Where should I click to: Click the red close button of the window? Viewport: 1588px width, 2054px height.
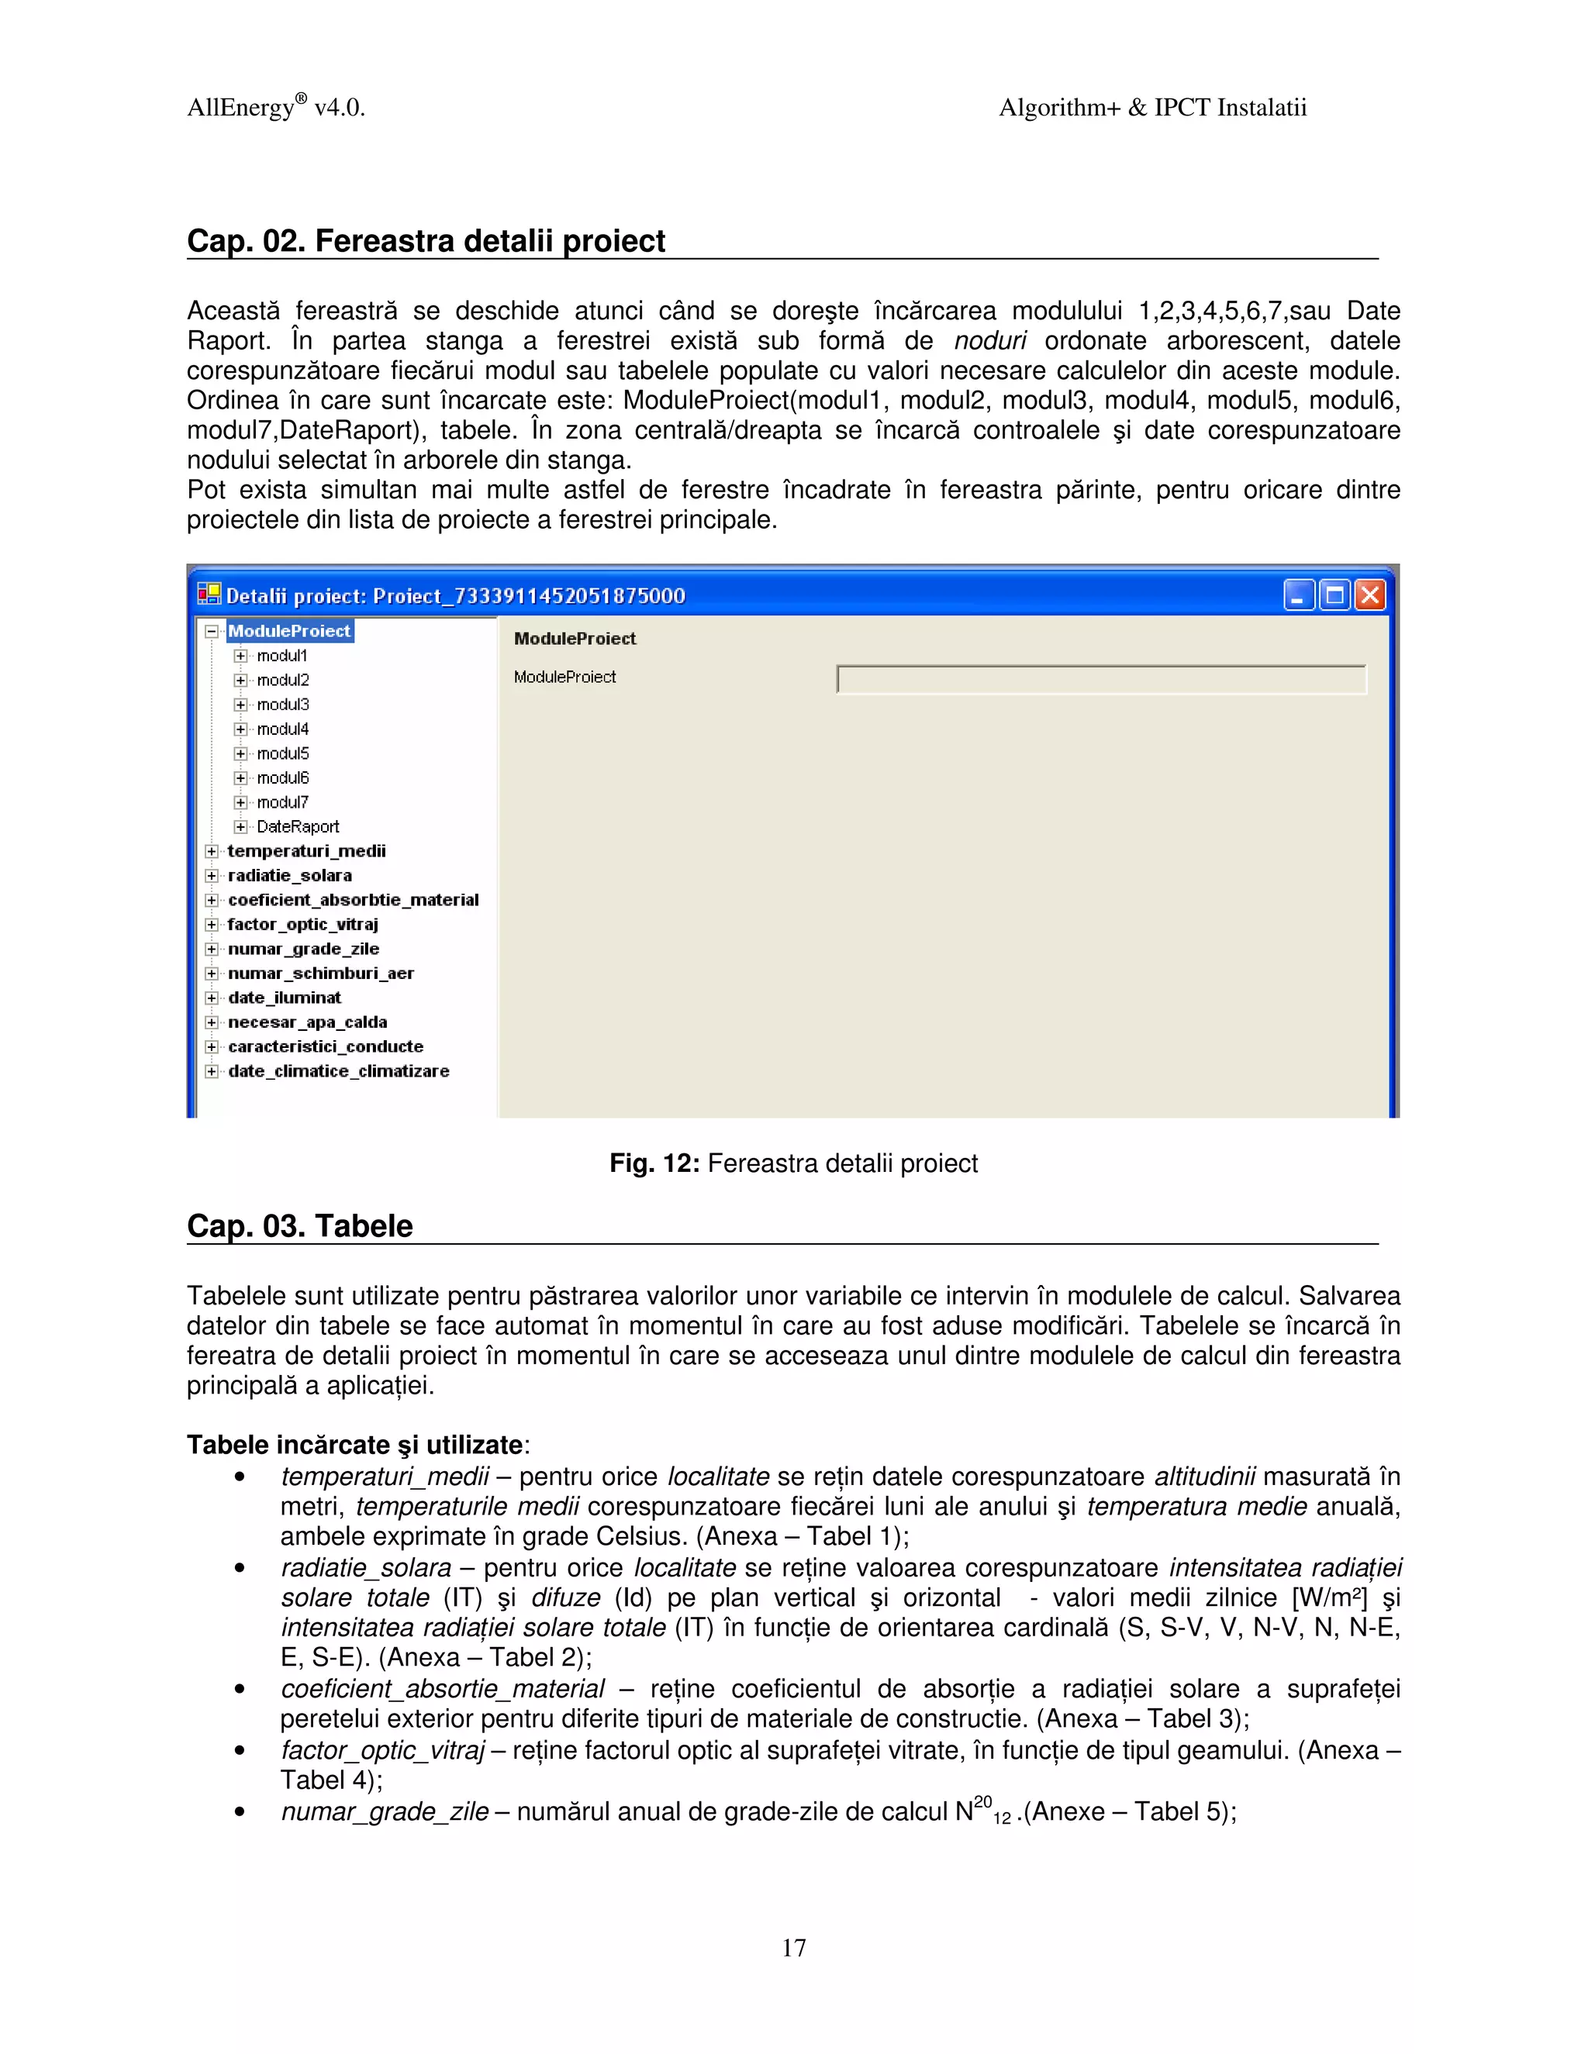pyautogui.click(x=1371, y=595)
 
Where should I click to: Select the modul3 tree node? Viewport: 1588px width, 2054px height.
pyautogui.click(x=282, y=705)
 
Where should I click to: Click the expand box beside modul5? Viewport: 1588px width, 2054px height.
pyautogui.click(x=241, y=753)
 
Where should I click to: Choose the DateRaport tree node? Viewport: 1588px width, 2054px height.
pyautogui.click(x=297, y=827)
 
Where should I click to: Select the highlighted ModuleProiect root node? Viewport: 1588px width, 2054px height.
pyautogui.click(x=288, y=631)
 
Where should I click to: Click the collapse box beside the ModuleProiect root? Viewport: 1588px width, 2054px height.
pyautogui.click(x=212, y=631)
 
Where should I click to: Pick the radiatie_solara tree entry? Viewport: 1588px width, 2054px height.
pyautogui.click(x=290, y=876)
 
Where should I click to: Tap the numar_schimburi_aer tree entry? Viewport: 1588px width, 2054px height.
pyautogui.click(x=320, y=974)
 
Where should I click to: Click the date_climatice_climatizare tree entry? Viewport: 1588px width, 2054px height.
pyautogui.click(x=338, y=1071)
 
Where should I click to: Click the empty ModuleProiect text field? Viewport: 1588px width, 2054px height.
pyautogui.click(x=1101, y=679)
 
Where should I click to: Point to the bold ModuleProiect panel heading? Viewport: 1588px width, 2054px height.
pyautogui.click(x=575, y=639)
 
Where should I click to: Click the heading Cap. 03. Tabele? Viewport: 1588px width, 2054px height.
pyautogui.click(x=299, y=1226)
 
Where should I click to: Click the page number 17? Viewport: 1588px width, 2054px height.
pyautogui.click(x=794, y=1948)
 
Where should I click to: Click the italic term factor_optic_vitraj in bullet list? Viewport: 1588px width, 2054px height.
pyautogui.click(x=382, y=1750)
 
